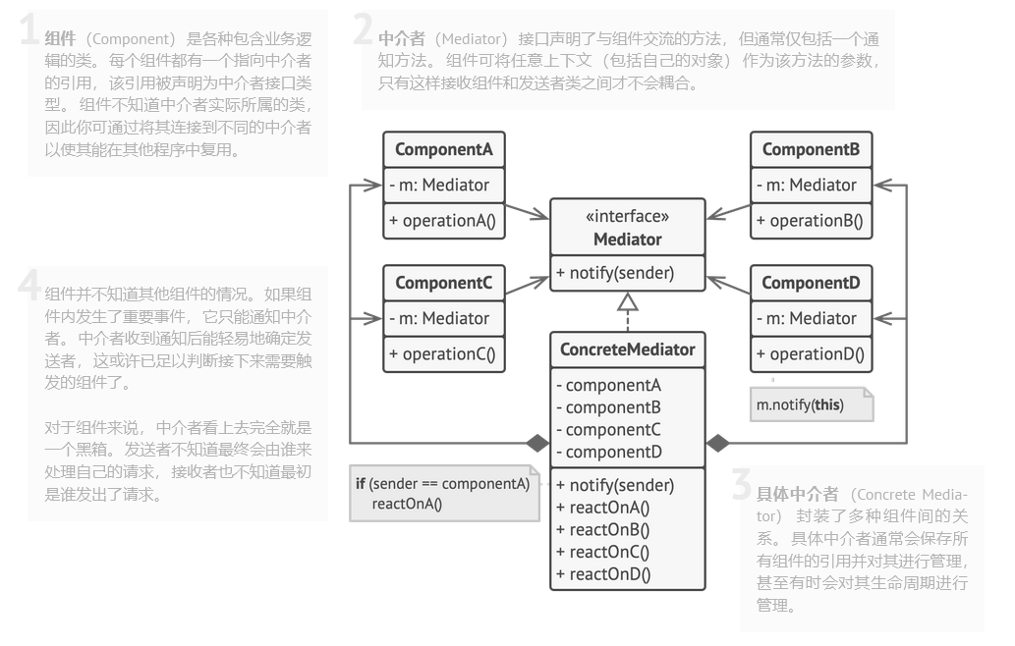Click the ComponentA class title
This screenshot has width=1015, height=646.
click(x=443, y=149)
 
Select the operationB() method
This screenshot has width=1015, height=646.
click(x=810, y=221)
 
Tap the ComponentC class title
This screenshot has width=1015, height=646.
click(x=443, y=283)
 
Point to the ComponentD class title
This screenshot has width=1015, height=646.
click(x=811, y=283)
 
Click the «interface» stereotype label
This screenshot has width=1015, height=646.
click(x=627, y=216)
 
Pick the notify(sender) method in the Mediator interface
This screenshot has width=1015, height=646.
click(x=616, y=273)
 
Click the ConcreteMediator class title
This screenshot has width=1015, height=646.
click(x=627, y=350)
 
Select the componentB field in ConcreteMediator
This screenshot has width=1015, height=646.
click(x=609, y=408)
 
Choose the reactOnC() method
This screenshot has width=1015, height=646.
click(x=602, y=552)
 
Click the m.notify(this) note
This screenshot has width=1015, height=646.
click(x=812, y=404)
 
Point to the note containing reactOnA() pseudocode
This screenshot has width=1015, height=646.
click(x=445, y=494)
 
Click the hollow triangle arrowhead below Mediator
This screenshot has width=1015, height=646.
click(x=627, y=302)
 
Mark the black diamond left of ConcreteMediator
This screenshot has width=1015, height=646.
click(x=537, y=443)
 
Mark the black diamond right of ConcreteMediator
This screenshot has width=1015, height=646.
click(x=717, y=443)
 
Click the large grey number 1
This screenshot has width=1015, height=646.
click(x=28, y=29)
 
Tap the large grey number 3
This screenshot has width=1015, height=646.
click(x=742, y=484)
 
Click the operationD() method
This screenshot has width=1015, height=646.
click(x=811, y=354)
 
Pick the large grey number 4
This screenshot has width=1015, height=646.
click(x=29, y=285)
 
